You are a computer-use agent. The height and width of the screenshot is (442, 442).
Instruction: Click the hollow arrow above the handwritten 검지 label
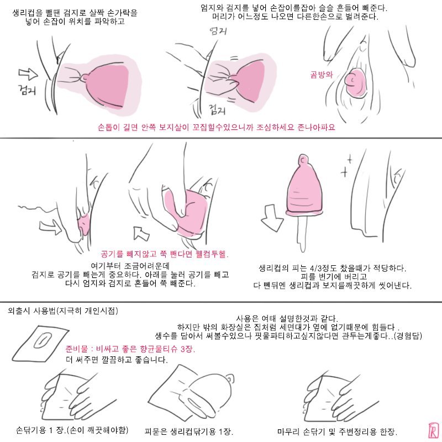pyautogui.click(x=28, y=74)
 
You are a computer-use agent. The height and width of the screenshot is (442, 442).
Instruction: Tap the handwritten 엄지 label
pyautogui.click(x=218, y=31)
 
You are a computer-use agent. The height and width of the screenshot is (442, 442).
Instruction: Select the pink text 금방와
pyautogui.click(x=322, y=75)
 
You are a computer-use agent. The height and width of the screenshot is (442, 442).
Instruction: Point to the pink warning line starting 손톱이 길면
pyautogui.click(x=217, y=128)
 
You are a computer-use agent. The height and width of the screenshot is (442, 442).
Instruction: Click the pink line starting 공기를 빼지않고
pyautogui.click(x=165, y=254)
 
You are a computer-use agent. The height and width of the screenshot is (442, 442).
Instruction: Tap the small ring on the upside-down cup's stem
pyautogui.click(x=303, y=160)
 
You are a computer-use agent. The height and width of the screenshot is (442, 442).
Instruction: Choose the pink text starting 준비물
pyautogui.click(x=130, y=349)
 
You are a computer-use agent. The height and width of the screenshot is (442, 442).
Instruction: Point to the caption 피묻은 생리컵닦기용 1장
pyautogui.click(x=188, y=432)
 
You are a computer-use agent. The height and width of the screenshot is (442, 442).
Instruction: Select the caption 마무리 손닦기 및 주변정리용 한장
pyautogui.click(x=337, y=432)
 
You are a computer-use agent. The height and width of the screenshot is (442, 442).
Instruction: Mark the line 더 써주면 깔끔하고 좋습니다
pyautogui.click(x=117, y=360)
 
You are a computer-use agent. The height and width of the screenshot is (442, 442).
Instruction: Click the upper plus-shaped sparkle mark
pyautogui.click(x=350, y=159)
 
